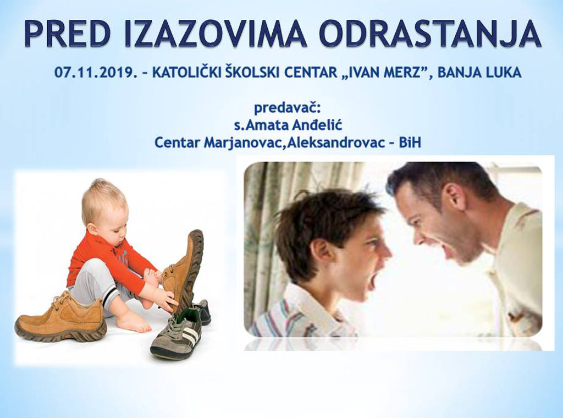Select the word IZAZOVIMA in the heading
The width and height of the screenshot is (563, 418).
pos(216,34)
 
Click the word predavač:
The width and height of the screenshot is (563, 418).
pos(287,108)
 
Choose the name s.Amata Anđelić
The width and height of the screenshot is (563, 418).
pos(288,126)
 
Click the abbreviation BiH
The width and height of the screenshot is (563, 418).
pos(410,142)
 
